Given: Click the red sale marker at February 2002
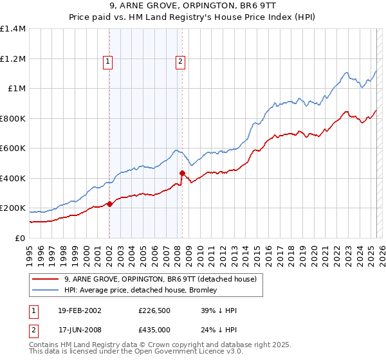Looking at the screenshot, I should point(109,204).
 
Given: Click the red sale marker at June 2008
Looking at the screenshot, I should point(182,173).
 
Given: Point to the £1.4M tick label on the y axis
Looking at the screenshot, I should point(13,29).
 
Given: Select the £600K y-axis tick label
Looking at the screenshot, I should point(13,148).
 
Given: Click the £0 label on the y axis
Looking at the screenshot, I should point(19,238).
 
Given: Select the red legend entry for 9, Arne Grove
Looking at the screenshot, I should point(161,279).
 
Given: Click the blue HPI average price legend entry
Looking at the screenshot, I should point(142,290).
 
